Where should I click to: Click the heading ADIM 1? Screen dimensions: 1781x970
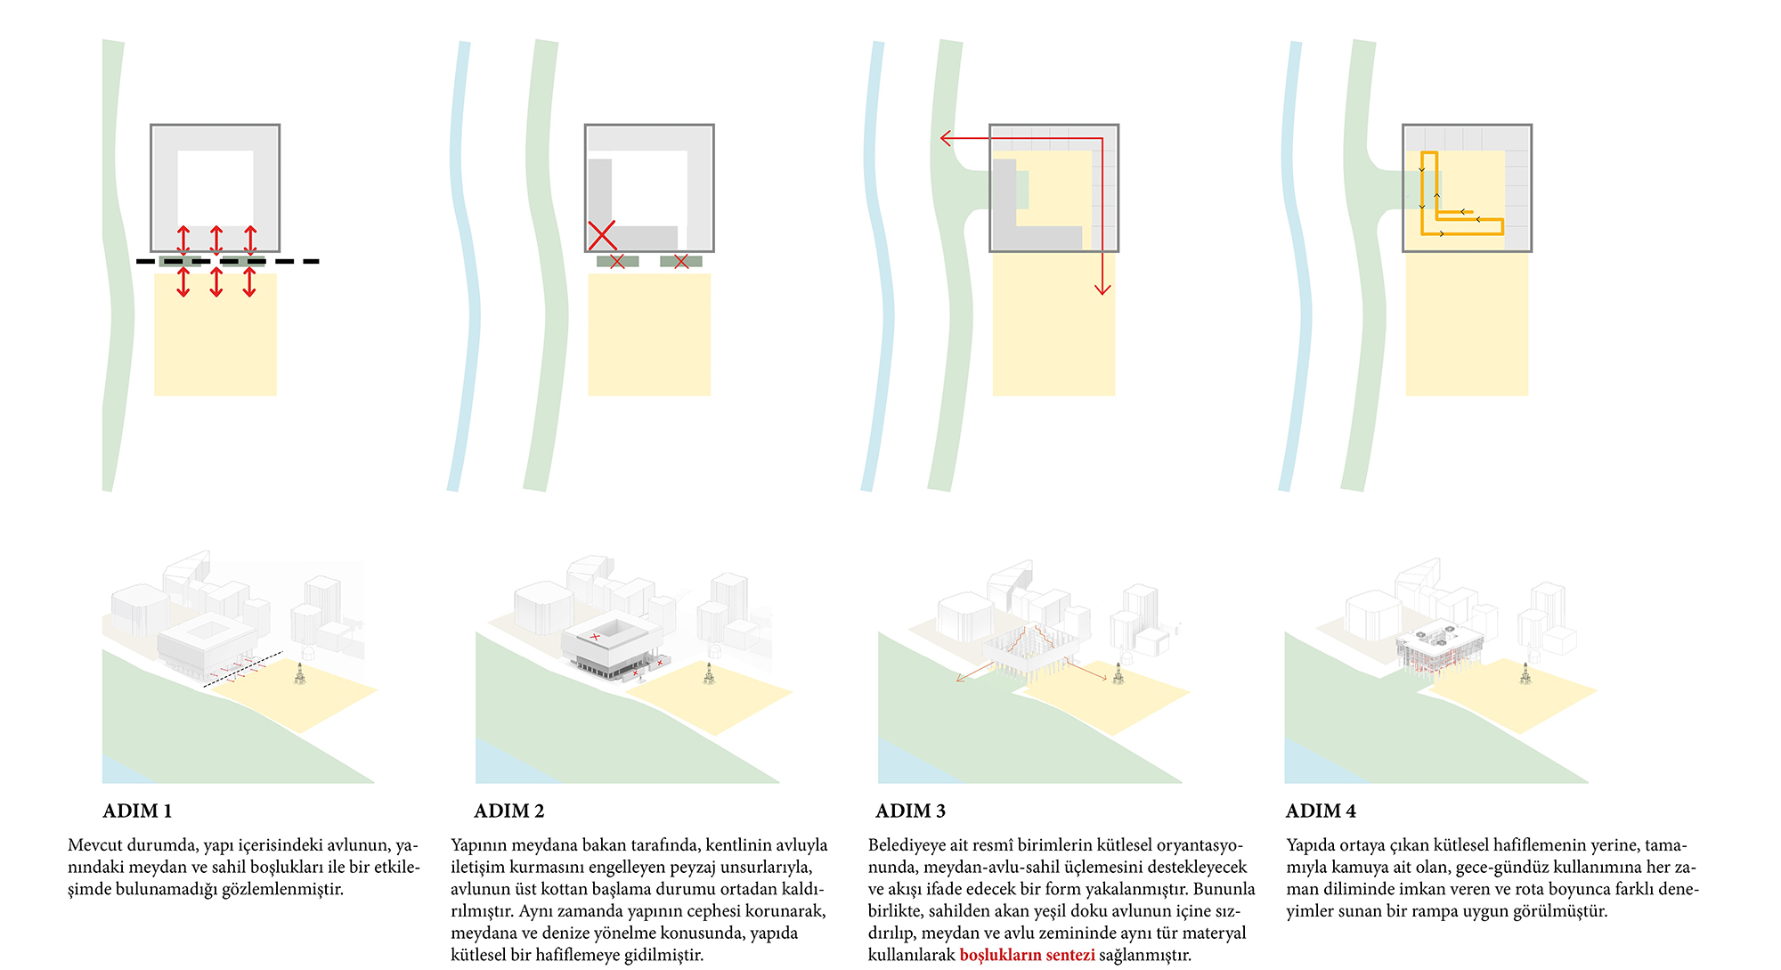137,811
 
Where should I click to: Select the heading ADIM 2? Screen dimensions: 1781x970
508,811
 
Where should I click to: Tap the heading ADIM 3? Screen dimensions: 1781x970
910,811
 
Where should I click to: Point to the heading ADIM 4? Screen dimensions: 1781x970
1321,811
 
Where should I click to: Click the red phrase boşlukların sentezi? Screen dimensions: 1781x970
1027,955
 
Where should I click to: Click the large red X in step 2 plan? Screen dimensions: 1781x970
602,235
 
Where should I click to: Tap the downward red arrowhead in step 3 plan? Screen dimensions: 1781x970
1102,289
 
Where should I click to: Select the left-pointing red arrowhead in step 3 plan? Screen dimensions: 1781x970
947,138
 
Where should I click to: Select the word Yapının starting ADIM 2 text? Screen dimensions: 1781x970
479,845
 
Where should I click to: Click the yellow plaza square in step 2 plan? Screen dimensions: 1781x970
649,334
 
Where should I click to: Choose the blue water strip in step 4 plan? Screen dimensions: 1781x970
1296,267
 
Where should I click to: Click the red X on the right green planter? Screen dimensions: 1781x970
681,261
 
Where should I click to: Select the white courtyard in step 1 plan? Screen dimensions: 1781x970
216,188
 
